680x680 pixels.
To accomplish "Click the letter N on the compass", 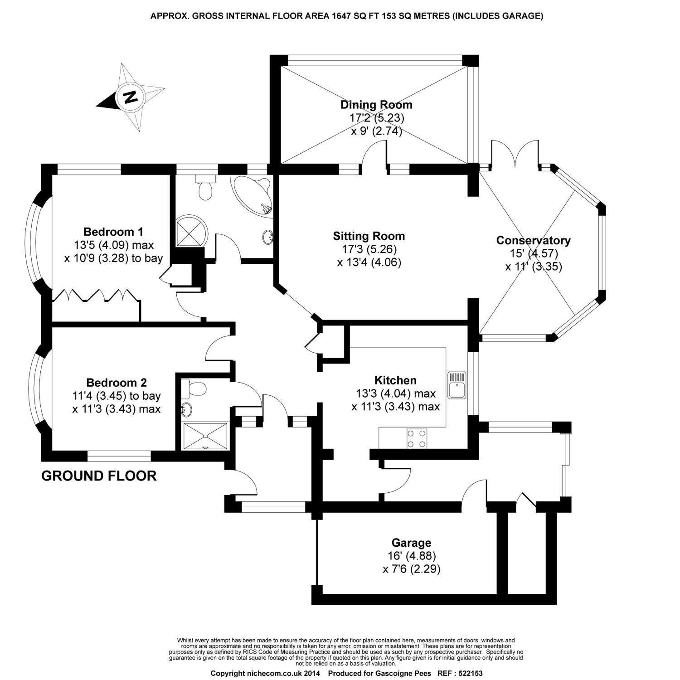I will (131, 97).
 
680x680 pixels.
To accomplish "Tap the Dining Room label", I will (376, 105).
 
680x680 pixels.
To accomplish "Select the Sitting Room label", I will (369, 236).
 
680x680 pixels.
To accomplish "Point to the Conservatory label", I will (533, 240).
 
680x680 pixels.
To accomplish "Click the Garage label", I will (411, 543).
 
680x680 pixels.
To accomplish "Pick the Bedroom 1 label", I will (113, 232).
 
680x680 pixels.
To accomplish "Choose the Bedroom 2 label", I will (116, 383).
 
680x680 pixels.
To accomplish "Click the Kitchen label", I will (395, 380).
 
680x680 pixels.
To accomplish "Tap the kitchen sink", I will (457, 385).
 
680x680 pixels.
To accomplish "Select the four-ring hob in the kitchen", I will (417, 438).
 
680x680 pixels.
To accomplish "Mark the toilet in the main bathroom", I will (205, 187).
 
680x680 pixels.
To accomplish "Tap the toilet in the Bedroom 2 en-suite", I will (195, 389).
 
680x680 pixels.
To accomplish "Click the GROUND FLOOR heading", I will (99, 476).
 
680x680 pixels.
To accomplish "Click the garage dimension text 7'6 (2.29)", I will (411, 568).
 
